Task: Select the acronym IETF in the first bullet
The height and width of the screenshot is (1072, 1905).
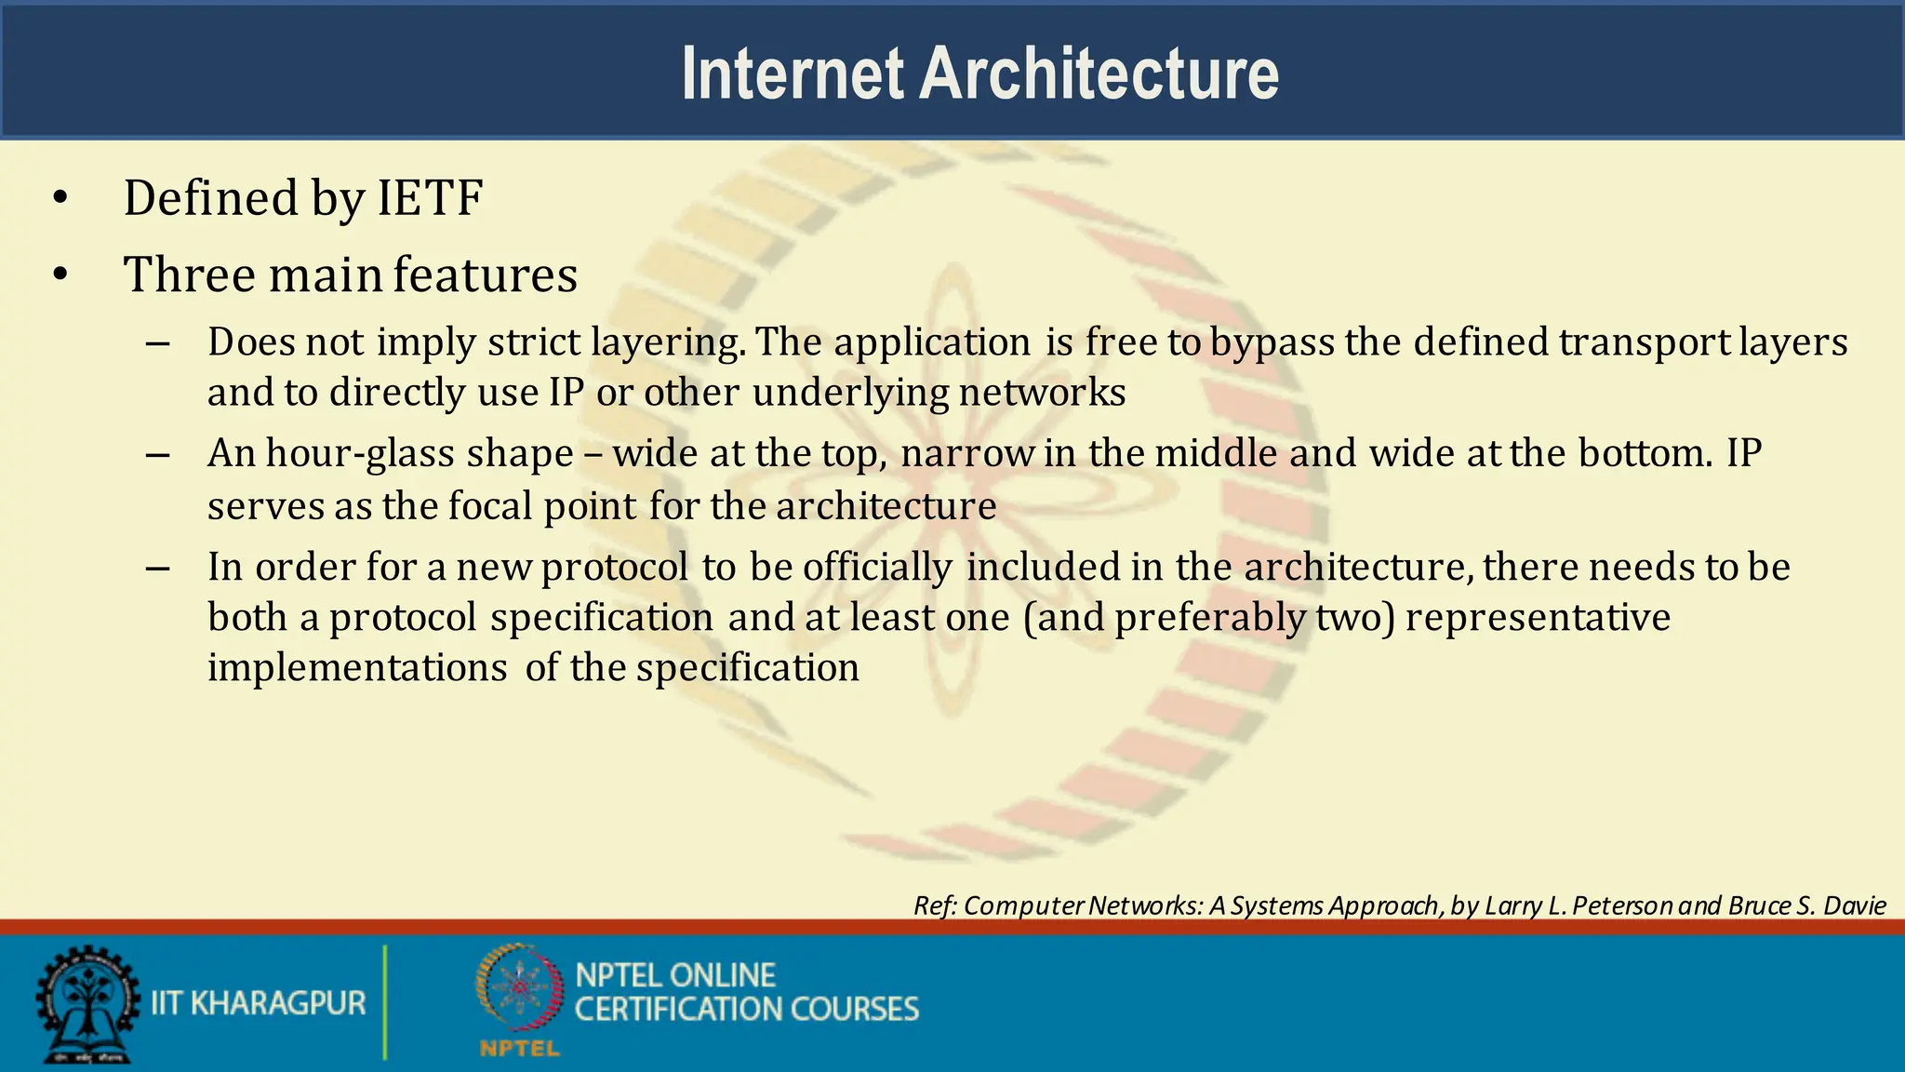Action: pos(430,198)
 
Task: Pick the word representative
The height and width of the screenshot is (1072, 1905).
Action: pos(1538,618)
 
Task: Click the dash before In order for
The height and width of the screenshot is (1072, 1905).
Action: pos(158,568)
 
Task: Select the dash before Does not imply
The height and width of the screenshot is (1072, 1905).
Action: pos(158,343)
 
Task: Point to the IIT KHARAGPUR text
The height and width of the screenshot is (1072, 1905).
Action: pos(259,1003)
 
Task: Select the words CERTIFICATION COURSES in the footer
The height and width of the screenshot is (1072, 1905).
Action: pos(746,1010)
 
